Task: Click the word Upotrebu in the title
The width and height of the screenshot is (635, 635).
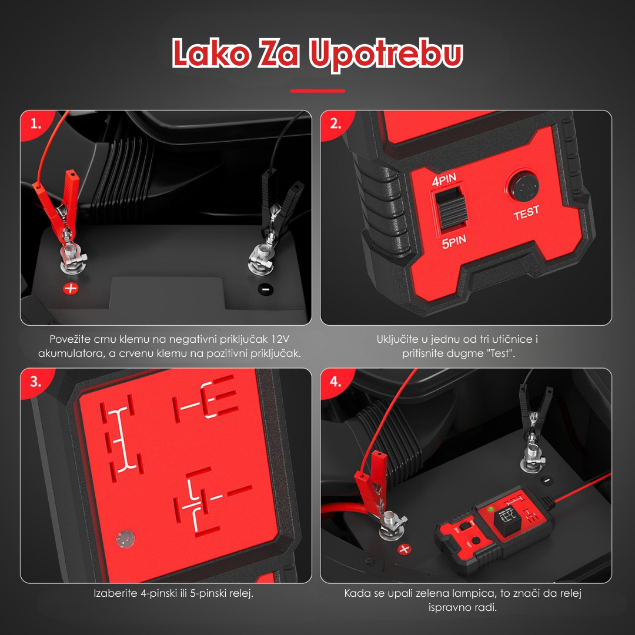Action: tap(386, 54)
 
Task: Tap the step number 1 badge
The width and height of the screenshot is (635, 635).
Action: tap(36, 123)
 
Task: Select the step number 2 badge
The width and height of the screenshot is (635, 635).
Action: tap(335, 123)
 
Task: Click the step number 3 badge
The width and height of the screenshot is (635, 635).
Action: tap(36, 382)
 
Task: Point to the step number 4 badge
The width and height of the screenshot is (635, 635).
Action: tap(335, 382)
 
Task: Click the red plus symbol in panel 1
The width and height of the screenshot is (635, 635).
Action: tap(71, 288)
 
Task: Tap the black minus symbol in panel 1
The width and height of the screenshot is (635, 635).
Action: tap(266, 289)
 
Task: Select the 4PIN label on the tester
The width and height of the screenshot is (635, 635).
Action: tap(444, 179)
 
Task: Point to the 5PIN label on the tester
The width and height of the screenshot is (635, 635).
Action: tap(454, 242)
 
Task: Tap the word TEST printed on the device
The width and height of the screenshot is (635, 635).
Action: tap(526, 213)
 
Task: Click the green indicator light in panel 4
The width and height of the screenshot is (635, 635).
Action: tap(491, 509)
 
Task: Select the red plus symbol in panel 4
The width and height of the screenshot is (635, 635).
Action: tap(404, 549)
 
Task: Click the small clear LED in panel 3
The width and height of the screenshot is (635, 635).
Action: tap(125, 538)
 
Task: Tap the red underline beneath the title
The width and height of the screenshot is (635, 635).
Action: tap(317, 91)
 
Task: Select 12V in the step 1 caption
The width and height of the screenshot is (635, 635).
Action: tap(280, 339)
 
